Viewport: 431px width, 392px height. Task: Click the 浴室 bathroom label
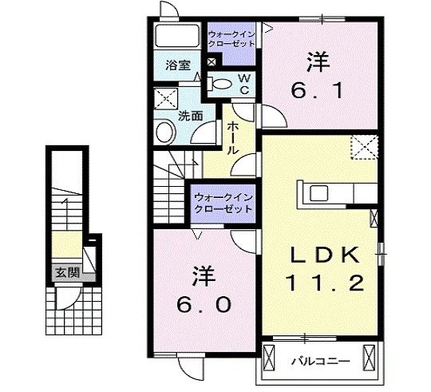pyautogui.click(x=178, y=66)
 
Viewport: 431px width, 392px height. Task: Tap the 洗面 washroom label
pyautogui.click(x=190, y=115)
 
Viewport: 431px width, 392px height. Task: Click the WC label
pyautogui.click(x=244, y=84)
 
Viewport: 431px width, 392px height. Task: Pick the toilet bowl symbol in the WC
pyautogui.click(x=221, y=81)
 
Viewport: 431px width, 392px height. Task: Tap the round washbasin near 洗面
pyautogui.click(x=166, y=132)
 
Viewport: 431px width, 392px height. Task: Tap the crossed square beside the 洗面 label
pyautogui.click(x=166, y=99)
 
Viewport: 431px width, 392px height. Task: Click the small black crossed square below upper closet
pyautogui.click(x=210, y=61)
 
